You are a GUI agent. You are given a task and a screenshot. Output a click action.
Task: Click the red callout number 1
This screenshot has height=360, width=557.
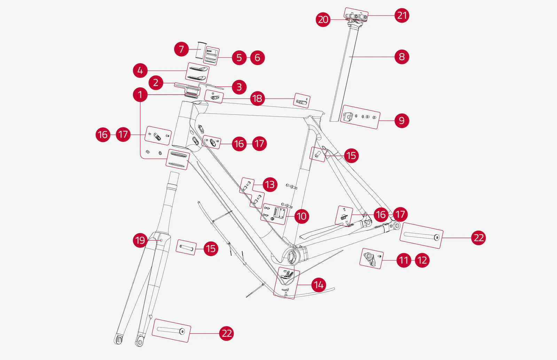point(140,95)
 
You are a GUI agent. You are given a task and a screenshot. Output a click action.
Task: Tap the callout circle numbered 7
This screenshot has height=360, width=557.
point(181,49)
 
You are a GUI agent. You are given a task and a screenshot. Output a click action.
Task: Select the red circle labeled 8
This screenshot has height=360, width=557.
point(402,57)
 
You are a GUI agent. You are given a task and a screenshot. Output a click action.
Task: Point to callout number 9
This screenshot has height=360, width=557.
point(402,120)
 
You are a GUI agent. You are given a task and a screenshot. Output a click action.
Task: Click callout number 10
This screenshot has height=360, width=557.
point(301,216)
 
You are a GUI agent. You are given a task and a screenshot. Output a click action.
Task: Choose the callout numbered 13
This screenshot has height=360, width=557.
point(270,184)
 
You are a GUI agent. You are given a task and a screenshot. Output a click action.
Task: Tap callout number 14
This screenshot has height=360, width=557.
point(319,285)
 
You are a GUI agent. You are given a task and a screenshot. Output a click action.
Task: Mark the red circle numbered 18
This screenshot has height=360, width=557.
point(257,98)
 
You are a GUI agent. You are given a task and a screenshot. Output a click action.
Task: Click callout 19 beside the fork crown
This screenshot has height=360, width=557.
point(140,240)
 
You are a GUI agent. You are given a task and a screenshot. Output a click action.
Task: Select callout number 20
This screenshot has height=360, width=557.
point(323,19)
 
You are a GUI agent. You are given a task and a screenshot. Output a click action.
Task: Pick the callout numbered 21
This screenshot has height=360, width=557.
point(402,15)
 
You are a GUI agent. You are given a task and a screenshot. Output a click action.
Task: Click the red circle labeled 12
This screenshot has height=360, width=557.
point(422,260)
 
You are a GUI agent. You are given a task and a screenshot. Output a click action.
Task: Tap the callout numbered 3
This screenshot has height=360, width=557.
point(239,87)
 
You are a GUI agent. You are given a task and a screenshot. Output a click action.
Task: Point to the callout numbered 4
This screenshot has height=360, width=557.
point(140,71)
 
